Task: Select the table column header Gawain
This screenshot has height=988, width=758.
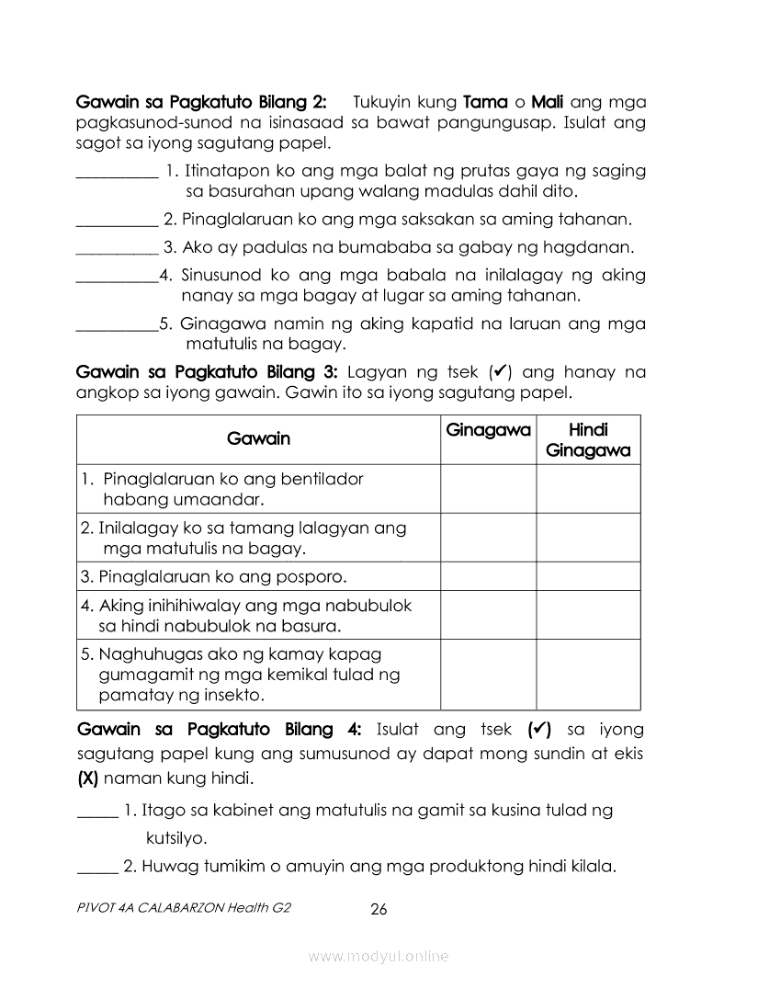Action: tap(258, 438)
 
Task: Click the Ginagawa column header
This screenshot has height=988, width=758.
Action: tap(488, 430)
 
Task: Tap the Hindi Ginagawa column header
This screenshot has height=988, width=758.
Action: tap(588, 439)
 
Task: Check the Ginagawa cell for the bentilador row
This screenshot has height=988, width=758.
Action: tap(488, 489)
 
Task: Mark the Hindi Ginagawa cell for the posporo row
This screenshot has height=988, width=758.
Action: tap(588, 576)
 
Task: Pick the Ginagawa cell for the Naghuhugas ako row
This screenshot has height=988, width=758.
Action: tap(488, 675)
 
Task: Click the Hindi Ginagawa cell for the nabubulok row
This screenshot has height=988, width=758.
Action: tap(588, 615)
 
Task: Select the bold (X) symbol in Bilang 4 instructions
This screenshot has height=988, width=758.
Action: tap(88, 778)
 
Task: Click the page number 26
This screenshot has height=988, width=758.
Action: tap(379, 910)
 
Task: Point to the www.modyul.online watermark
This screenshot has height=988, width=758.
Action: tap(379, 956)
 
